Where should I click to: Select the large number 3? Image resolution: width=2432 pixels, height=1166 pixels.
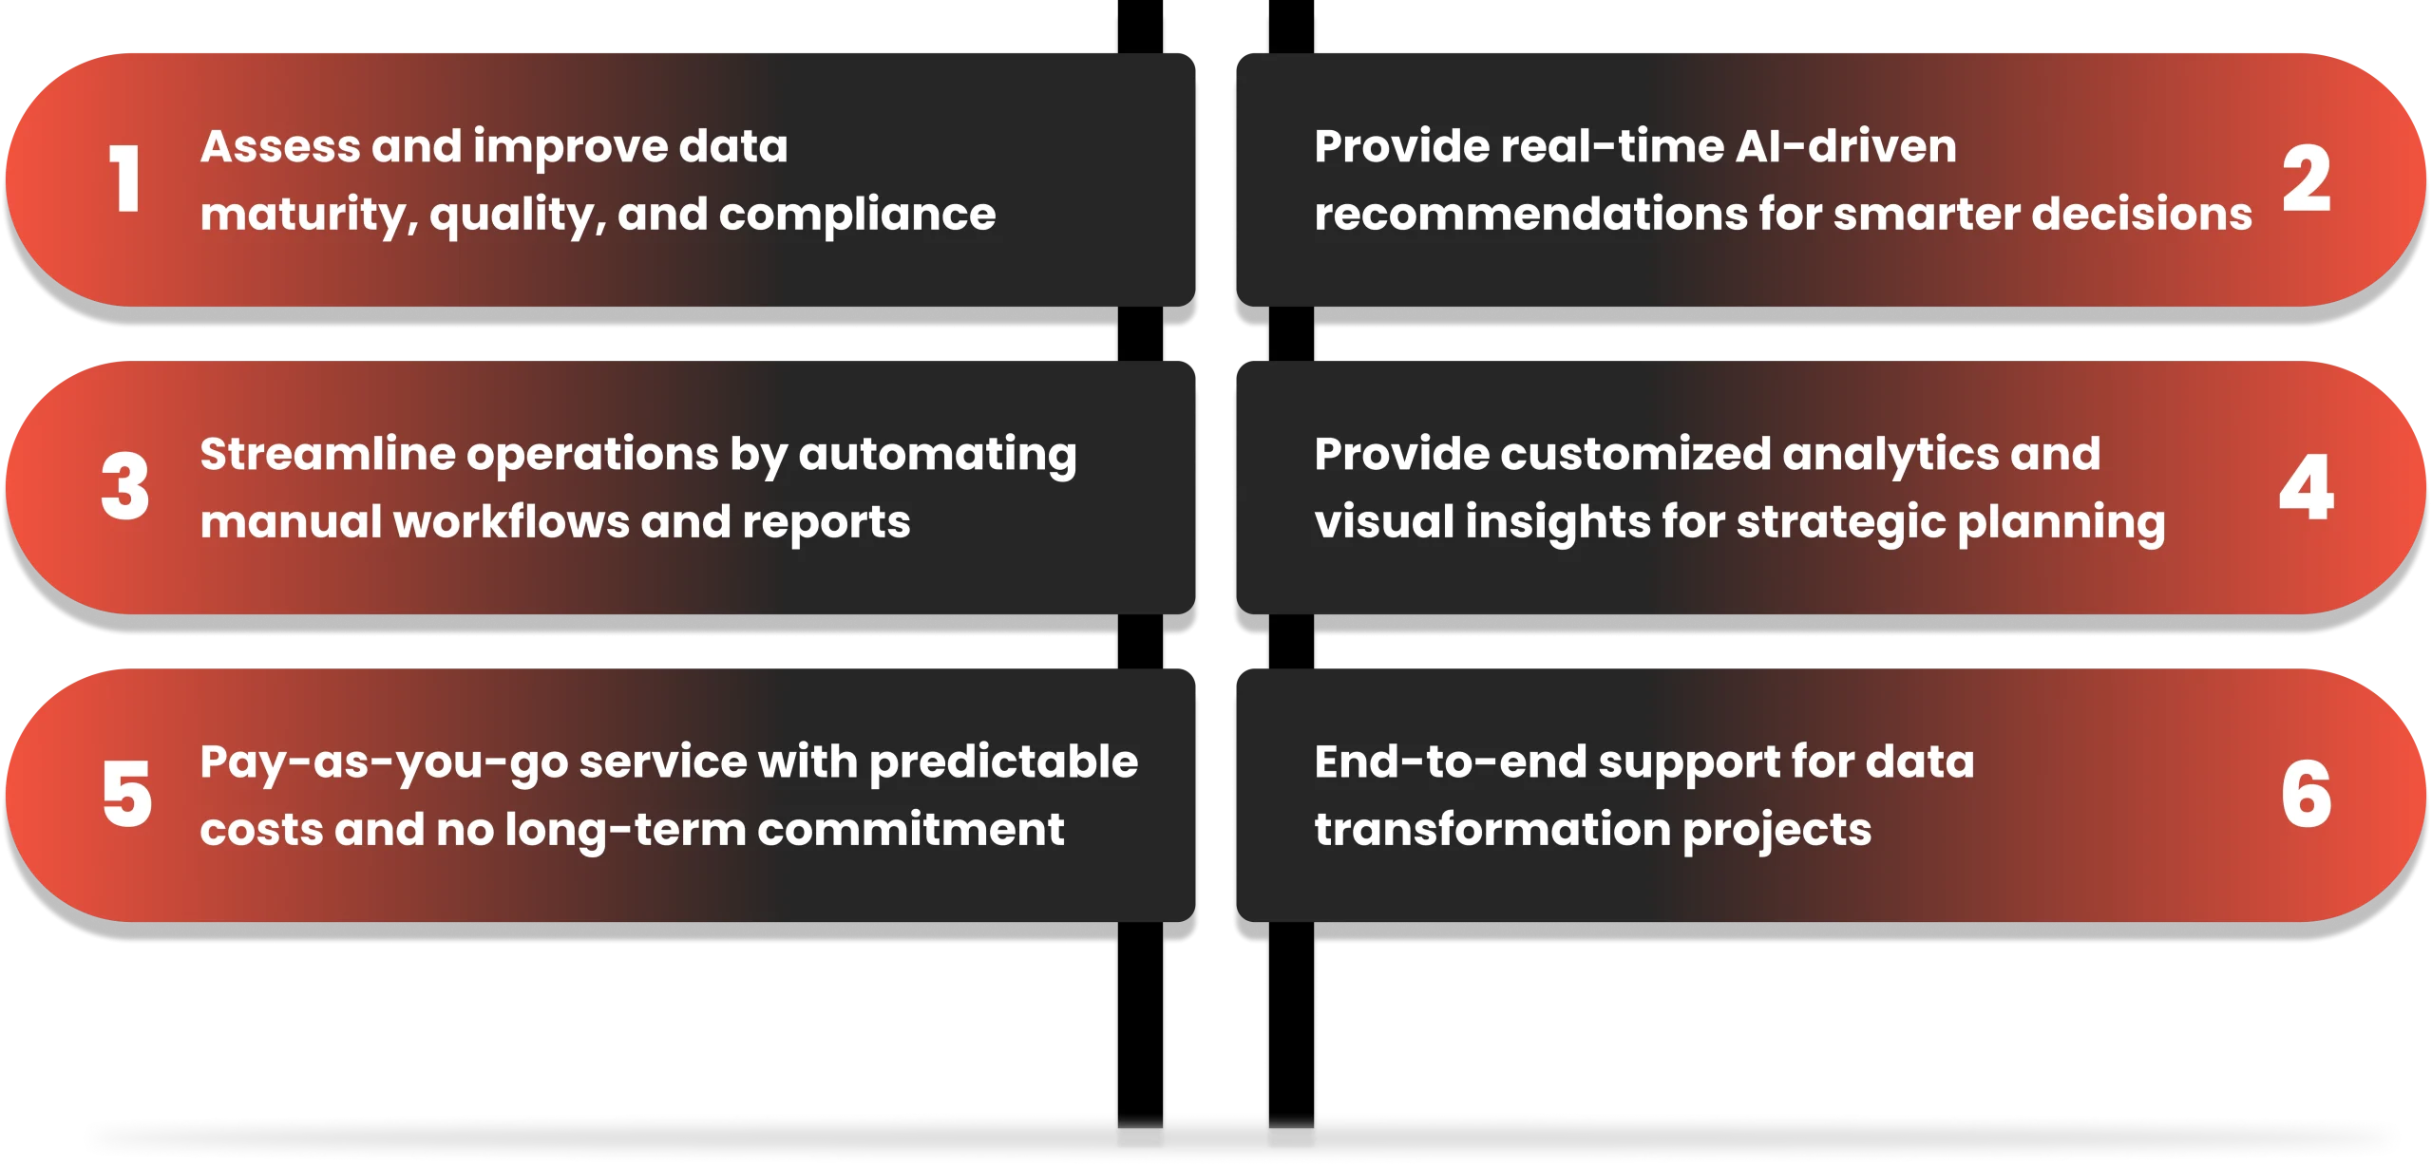point(125,486)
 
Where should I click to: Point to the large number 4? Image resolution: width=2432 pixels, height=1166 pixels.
point(2307,486)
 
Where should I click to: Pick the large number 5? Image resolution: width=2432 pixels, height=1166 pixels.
point(126,794)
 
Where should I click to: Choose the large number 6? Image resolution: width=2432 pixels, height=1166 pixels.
point(2307,794)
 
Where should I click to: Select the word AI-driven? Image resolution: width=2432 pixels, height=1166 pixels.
point(1846,147)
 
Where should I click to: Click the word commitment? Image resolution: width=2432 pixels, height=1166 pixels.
point(911,830)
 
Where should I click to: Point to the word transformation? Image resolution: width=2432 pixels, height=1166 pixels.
point(1493,830)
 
